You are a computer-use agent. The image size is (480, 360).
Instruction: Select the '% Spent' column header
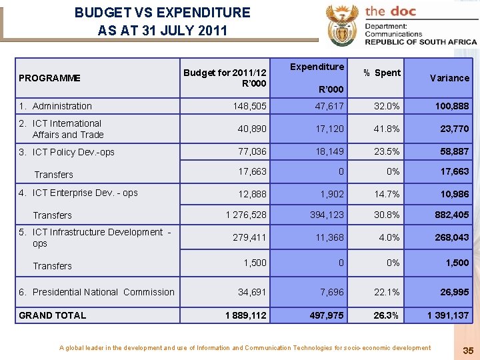[382, 73]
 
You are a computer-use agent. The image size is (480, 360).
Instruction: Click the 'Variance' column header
[449, 78]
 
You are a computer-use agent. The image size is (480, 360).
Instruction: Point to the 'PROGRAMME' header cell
[49, 78]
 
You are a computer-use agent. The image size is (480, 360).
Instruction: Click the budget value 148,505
[249, 106]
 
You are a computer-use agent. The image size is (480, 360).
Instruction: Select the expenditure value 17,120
[331, 129]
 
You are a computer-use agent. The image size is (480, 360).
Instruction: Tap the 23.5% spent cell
[388, 151]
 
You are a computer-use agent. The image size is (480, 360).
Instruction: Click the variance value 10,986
[454, 194]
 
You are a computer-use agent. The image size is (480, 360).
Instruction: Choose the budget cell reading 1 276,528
[245, 215]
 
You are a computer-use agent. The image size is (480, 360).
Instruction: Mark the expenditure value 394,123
[327, 215]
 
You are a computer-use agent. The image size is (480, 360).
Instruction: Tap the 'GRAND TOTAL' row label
[53, 315]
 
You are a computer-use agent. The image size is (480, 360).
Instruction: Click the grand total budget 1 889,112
[245, 315]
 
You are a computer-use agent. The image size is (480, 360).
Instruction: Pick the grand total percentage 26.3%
[387, 315]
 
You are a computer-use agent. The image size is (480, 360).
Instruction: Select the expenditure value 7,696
[332, 292]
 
